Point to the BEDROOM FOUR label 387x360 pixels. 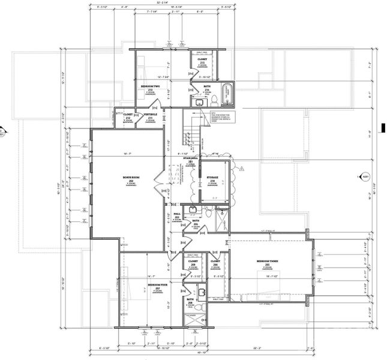pos(158,289)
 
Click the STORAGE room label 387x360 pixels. pos(213,178)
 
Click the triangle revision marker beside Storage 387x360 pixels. pos(240,169)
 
